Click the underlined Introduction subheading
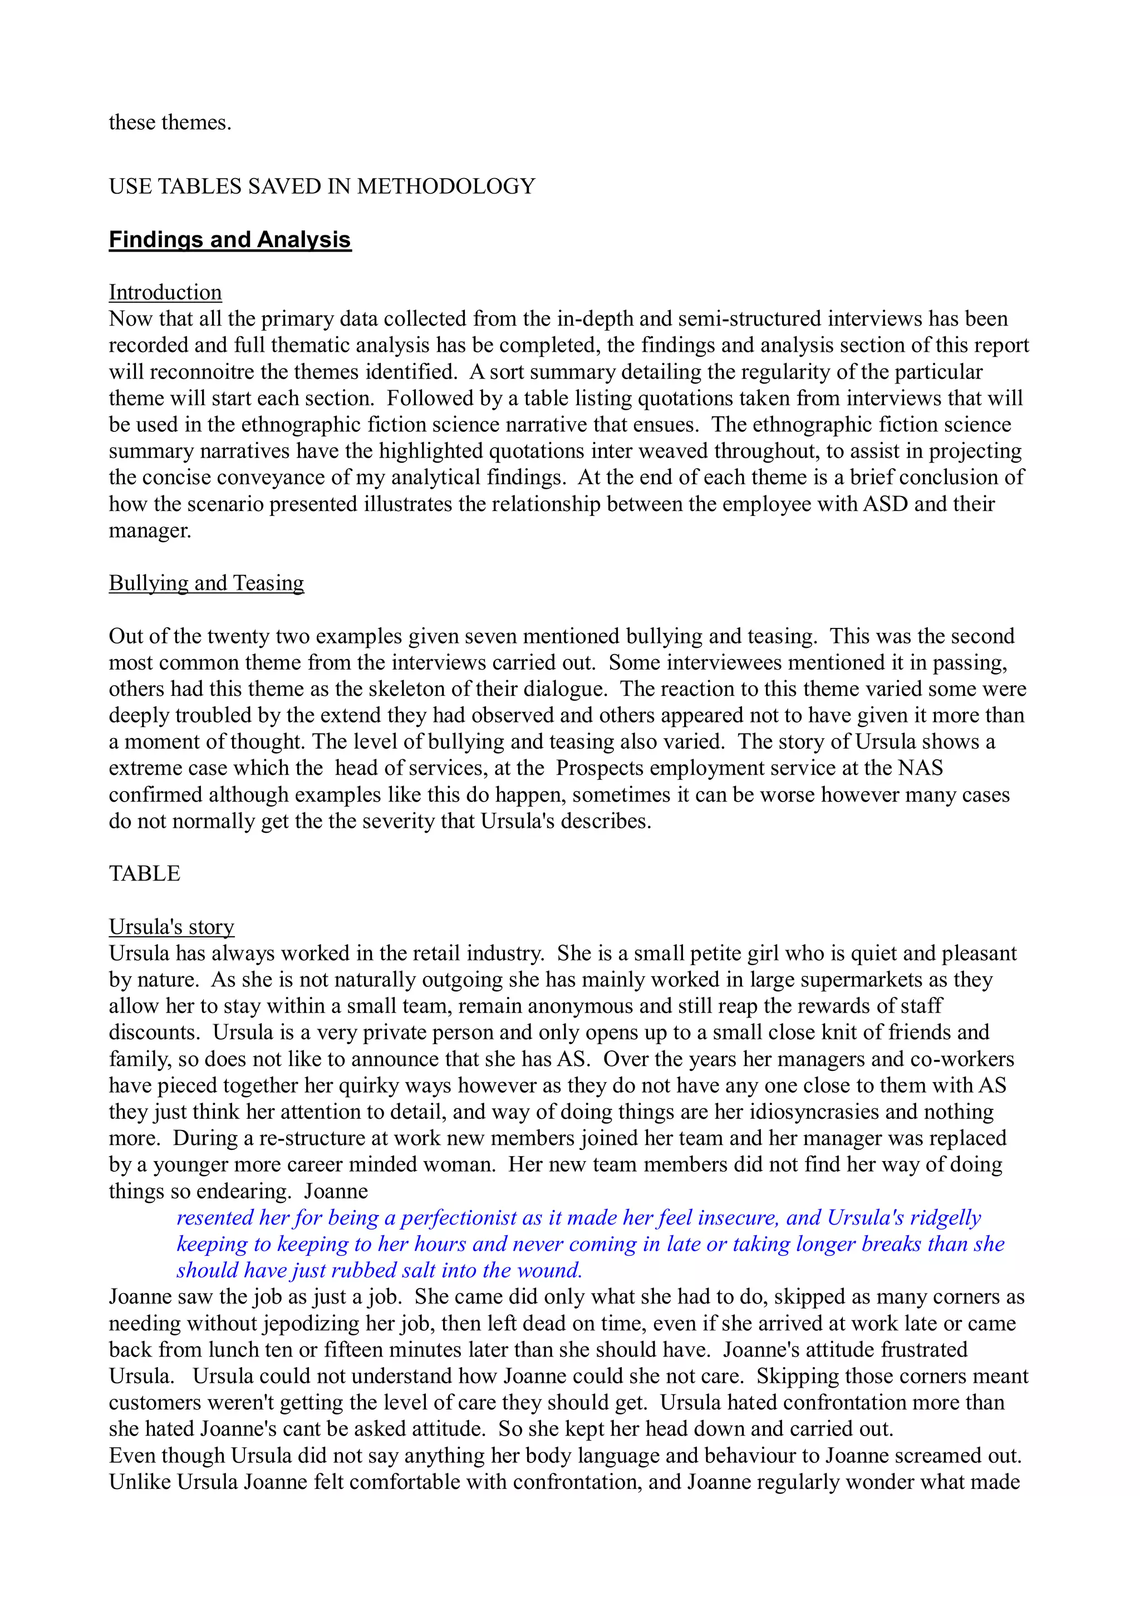click(165, 292)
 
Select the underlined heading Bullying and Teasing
click(207, 583)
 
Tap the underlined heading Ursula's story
click(171, 927)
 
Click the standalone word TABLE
click(145, 873)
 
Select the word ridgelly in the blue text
click(945, 1217)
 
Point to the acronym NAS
click(920, 768)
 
